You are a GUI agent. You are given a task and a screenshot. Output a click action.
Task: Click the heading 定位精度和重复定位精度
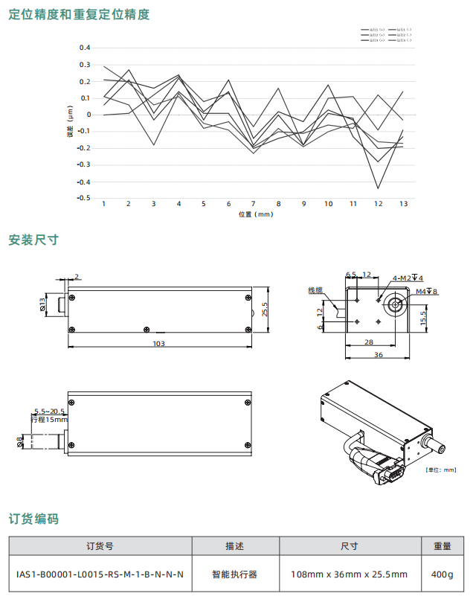pos(79,14)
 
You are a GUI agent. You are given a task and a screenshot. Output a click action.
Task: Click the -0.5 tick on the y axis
pos(83,198)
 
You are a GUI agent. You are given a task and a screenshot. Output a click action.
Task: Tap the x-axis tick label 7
pos(254,204)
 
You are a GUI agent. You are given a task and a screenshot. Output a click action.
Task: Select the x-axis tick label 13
pos(403,204)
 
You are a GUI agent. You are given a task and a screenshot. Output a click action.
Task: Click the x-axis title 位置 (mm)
pos(255,214)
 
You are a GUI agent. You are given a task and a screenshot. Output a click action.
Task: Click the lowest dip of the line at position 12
pos(378,188)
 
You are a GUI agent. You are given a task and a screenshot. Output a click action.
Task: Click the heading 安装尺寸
pos(33,240)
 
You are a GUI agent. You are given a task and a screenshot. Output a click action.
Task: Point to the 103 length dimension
pos(158,344)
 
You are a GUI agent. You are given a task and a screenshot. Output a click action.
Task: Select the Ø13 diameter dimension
pos(42,304)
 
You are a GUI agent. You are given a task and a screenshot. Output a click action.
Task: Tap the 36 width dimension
pos(378,356)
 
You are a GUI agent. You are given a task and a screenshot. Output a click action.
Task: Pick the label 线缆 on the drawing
pos(315,289)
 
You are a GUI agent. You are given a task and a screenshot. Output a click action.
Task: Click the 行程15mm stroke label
pos(49,420)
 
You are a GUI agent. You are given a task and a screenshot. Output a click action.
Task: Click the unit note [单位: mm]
pos(441,470)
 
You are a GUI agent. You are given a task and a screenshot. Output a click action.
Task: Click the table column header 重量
pos(442,546)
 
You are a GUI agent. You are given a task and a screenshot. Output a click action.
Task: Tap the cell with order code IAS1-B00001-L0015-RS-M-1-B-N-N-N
pos(100,574)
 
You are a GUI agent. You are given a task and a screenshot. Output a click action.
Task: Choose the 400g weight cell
pos(442,574)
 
